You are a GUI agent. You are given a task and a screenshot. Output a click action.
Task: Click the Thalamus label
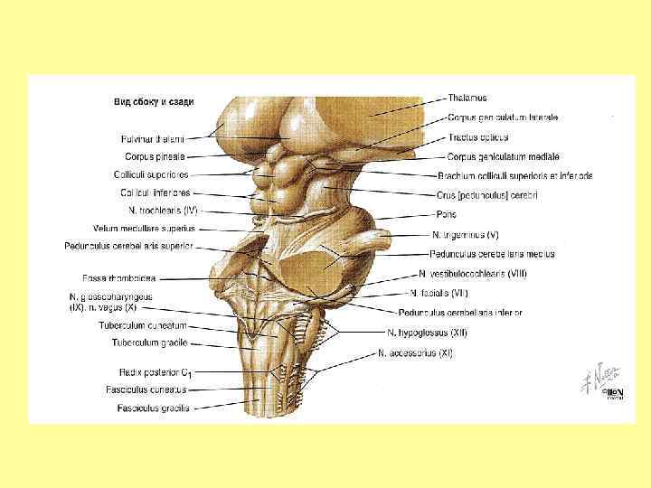pos(467,98)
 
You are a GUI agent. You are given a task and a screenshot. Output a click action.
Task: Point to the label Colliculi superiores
pos(151,174)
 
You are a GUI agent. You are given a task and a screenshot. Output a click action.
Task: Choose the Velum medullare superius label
pos(144,228)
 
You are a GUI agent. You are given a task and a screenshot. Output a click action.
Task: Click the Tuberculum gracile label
pos(149,343)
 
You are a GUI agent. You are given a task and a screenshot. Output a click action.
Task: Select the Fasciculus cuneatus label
pos(151,389)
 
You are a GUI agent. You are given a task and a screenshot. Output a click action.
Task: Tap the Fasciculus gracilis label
pos(153,408)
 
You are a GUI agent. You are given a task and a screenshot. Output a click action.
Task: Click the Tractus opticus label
pos(477,137)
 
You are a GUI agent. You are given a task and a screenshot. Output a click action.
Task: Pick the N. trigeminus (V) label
pos(465,235)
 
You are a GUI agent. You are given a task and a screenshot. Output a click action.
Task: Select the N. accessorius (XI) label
pos(416,352)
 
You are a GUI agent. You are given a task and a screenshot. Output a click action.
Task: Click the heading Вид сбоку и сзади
pos(153,102)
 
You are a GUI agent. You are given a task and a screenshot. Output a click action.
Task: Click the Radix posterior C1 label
pos(155,371)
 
